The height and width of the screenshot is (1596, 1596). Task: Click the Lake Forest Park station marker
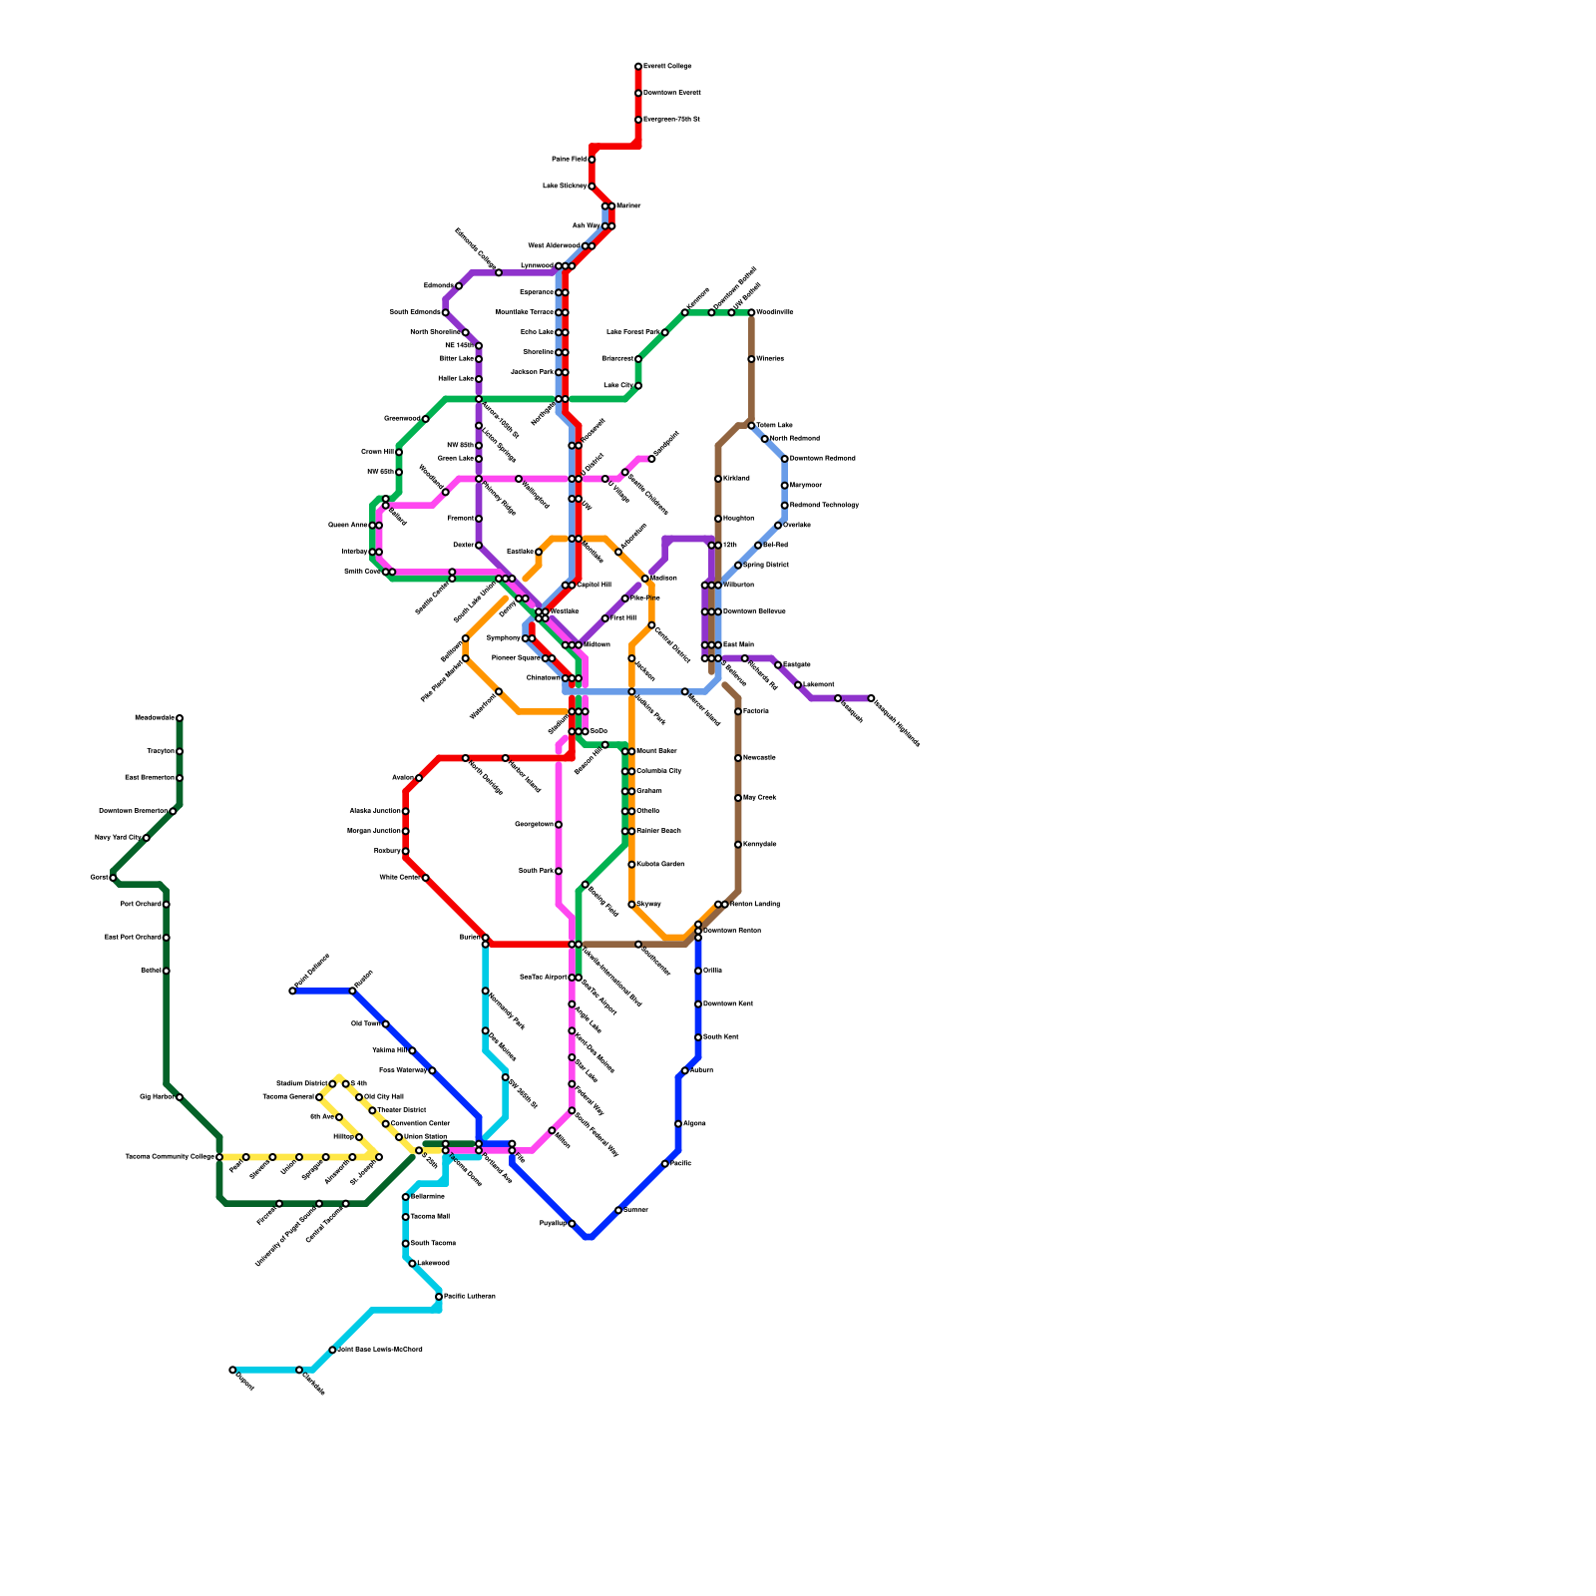tap(664, 332)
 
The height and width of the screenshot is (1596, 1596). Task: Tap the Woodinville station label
tap(775, 312)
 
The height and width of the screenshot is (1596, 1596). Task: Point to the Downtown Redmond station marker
tap(785, 459)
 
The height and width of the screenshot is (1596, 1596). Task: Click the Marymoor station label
tap(806, 485)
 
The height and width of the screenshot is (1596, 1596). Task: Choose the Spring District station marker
tap(738, 566)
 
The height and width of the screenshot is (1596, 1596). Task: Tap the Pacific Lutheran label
tap(469, 1296)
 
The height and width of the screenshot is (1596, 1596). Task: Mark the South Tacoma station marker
tap(406, 1244)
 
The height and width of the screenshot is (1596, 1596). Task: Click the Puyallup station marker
tap(572, 1224)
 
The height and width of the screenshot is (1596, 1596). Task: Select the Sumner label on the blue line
tap(636, 1210)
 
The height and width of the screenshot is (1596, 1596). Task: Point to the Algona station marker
tap(678, 1124)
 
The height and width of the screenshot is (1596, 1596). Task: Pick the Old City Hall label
tap(384, 1096)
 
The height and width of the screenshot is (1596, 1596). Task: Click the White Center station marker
tap(426, 878)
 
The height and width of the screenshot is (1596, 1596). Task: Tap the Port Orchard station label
tap(141, 904)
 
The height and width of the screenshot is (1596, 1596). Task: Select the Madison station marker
tap(645, 579)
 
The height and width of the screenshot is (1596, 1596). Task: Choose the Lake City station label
tap(618, 385)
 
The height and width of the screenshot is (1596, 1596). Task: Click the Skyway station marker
tap(631, 905)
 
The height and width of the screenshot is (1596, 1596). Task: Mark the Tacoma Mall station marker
tap(406, 1217)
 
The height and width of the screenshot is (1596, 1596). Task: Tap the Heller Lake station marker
tap(479, 379)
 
